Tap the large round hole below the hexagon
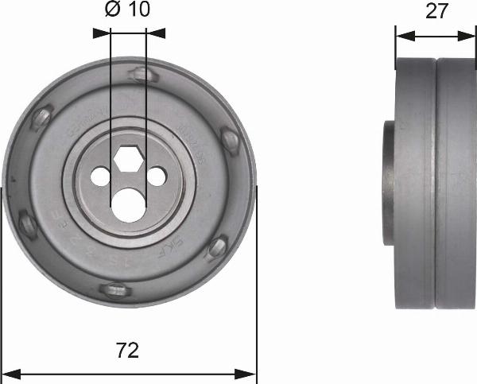coord(128,204)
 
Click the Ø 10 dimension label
coord(127,10)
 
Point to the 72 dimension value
coord(128,350)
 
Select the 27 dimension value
coord(436,10)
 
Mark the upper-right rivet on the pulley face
coord(231,143)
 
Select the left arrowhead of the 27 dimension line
coord(402,35)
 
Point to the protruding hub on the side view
coord(390,184)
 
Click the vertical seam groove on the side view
coord(436,184)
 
